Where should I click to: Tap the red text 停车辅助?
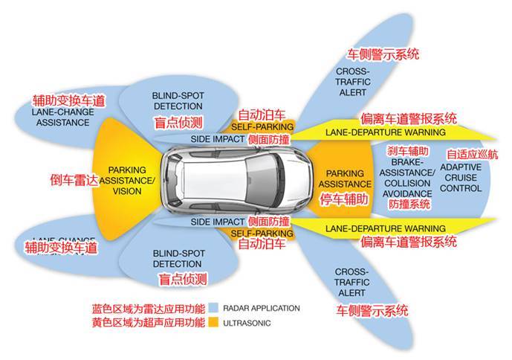343,199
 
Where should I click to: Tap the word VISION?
127,190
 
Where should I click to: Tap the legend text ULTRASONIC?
247,324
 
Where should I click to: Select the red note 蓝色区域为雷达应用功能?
148,308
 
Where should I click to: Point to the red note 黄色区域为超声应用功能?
148,323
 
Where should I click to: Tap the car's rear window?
177,180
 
